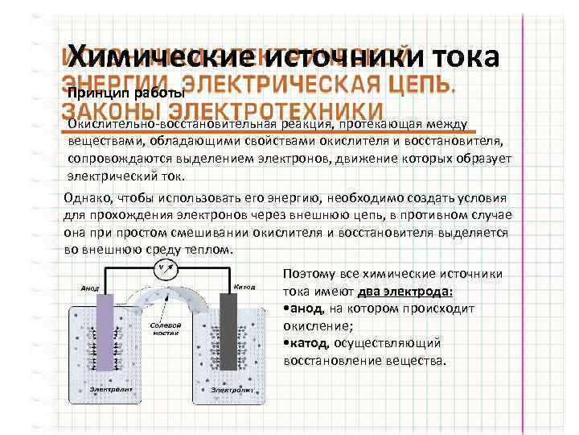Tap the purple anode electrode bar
[105, 330]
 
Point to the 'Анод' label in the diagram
[89, 288]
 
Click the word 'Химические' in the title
[158, 57]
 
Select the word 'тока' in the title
[467, 57]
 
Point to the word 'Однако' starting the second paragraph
[88, 199]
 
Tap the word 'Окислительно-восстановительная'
[170, 124]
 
